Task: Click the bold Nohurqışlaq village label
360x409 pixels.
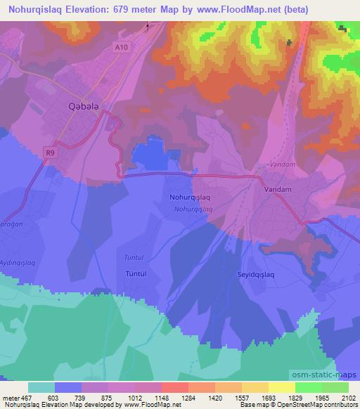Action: tap(190, 198)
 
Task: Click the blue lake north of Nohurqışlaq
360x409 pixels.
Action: tap(149, 154)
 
